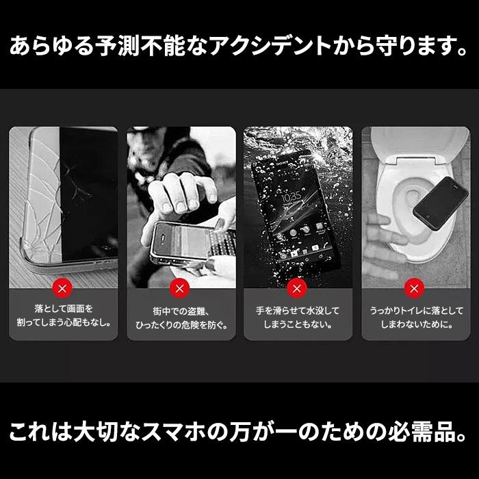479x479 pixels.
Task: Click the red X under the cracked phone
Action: pyautogui.click(x=62, y=286)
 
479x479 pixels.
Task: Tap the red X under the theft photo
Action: pyautogui.click(x=180, y=286)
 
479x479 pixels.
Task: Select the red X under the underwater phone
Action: pyautogui.click(x=298, y=286)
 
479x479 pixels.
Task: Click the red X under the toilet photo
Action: pyautogui.click(x=415, y=286)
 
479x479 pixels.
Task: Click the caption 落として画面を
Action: pyautogui.click(x=62, y=309)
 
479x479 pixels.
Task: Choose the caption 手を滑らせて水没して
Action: pyautogui.click(x=298, y=310)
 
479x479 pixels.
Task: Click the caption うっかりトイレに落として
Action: pyautogui.click(x=415, y=310)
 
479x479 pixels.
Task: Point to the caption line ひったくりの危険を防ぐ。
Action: pyautogui.click(x=180, y=325)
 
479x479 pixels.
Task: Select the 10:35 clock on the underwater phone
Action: pyautogui.click(x=292, y=197)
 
